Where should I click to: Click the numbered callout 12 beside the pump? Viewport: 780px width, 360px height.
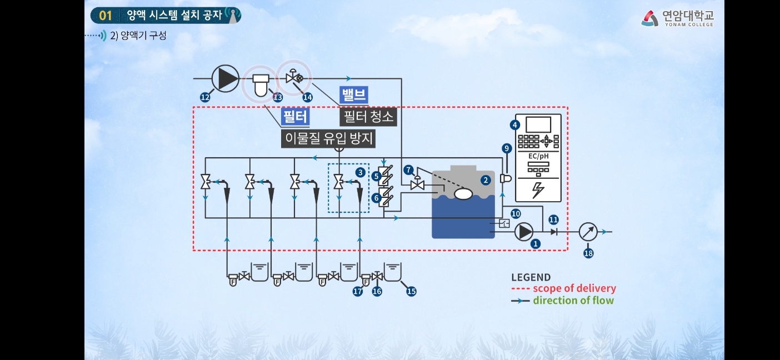pos(205,97)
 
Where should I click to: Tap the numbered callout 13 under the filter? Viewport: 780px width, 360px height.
pos(278,97)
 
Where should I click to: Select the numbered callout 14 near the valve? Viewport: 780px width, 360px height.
pos(307,97)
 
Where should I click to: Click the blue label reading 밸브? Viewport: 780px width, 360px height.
pos(353,95)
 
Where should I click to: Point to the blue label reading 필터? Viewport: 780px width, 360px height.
pos(295,117)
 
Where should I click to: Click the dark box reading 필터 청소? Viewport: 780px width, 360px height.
pos(368,117)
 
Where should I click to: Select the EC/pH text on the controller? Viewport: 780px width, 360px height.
pos(538,157)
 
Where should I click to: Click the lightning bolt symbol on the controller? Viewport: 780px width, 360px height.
pos(538,189)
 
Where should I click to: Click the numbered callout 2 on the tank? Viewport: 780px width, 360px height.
pos(486,179)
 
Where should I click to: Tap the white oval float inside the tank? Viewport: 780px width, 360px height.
pos(463,194)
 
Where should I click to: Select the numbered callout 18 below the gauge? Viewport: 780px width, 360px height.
pos(588,253)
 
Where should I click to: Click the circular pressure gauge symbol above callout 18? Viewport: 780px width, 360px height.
pos(588,232)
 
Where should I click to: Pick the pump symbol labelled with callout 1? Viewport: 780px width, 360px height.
pos(524,232)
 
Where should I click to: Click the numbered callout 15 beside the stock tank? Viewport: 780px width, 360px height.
pos(411,291)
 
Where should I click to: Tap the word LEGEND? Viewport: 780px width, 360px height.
pos(531,277)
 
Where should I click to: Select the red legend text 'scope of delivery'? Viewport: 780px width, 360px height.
pos(574,288)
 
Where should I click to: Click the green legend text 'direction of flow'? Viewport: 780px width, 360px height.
pos(573,301)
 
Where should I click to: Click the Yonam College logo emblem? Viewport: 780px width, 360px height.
pos(650,18)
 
